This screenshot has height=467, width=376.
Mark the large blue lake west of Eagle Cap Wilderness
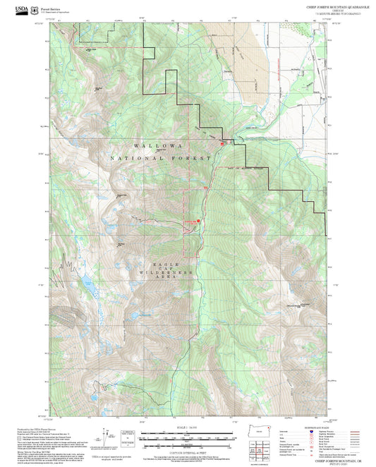point(87,285)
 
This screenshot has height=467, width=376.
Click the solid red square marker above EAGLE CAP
point(198,220)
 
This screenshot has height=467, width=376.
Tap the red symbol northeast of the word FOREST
point(222,144)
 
